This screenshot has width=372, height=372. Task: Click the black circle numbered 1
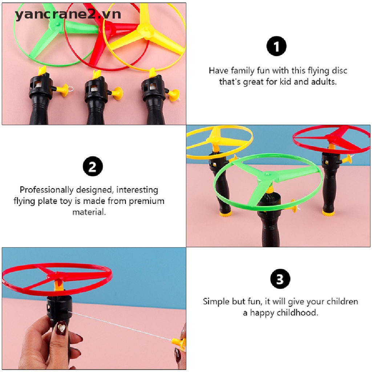(x=276, y=46)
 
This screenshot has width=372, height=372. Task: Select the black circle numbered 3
(x=280, y=279)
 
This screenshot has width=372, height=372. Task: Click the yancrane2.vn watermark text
(x=68, y=15)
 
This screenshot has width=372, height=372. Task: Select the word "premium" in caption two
(x=146, y=201)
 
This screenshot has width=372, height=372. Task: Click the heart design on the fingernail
(x=62, y=328)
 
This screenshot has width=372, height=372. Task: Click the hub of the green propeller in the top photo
(x=57, y=24)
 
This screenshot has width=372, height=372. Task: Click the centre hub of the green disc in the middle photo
(x=268, y=176)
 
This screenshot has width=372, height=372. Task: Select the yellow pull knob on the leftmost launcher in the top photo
(x=64, y=90)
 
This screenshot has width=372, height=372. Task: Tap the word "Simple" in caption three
(x=217, y=302)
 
